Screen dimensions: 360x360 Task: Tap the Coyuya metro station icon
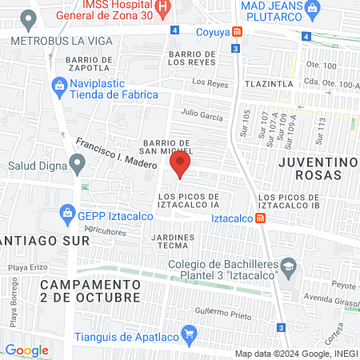(237, 32)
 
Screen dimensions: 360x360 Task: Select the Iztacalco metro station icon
(262, 218)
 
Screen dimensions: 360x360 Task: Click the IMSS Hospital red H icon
(163, 10)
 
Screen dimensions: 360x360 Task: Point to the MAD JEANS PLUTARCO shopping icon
(312, 10)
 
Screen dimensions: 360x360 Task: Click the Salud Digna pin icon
(77, 166)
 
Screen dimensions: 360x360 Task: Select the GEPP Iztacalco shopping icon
(66, 214)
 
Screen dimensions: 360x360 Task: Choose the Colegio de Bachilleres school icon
(290, 265)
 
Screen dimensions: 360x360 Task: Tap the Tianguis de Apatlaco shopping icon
(190, 333)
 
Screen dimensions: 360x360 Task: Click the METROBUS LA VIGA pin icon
(30, 18)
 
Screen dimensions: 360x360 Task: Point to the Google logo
(26, 350)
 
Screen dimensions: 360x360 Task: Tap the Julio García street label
(202, 115)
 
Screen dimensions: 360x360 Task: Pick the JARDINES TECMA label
(173, 242)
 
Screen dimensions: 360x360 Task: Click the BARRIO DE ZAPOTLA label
(88, 65)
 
